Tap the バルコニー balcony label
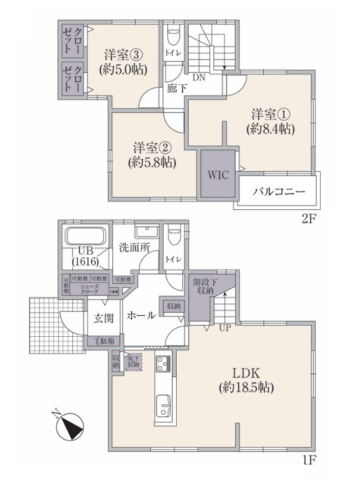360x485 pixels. (279, 191)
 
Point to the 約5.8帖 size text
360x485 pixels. (152, 162)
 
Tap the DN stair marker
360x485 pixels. (199, 77)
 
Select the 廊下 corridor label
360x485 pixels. (176, 89)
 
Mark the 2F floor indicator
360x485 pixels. (309, 218)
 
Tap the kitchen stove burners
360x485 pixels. (163, 364)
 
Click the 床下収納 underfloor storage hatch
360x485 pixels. (134, 361)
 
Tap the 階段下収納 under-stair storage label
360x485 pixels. (205, 287)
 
